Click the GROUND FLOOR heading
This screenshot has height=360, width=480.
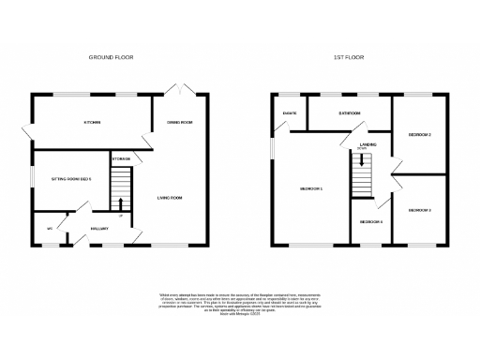(x=112, y=57)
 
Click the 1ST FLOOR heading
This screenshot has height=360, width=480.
(x=349, y=57)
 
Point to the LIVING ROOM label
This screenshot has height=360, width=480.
(x=169, y=198)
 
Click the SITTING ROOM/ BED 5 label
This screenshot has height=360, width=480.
(x=77, y=179)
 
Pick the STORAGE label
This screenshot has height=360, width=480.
(x=120, y=159)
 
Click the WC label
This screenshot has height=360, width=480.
(x=49, y=228)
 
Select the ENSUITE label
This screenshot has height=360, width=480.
(x=290, y=114)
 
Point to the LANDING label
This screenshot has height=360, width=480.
(x=367, y=144)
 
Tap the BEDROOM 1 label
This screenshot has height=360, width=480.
(x=311, y=189)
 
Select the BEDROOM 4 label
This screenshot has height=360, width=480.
(x=371, y=221)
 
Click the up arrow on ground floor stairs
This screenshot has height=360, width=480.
(x=120, y=202)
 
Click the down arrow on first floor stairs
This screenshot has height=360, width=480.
(x=362, y=161)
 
